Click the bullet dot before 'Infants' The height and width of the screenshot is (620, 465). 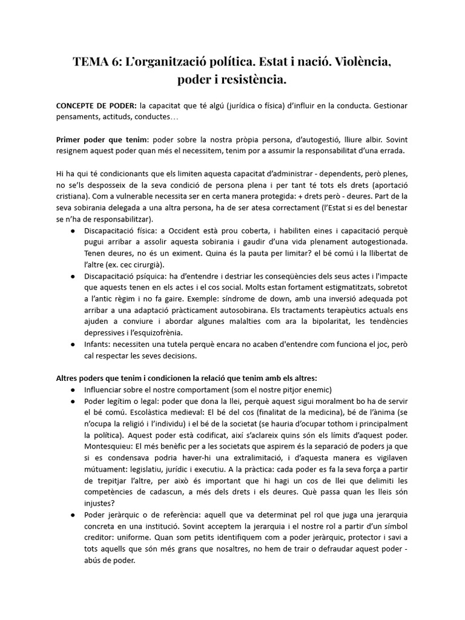coord(73,344)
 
